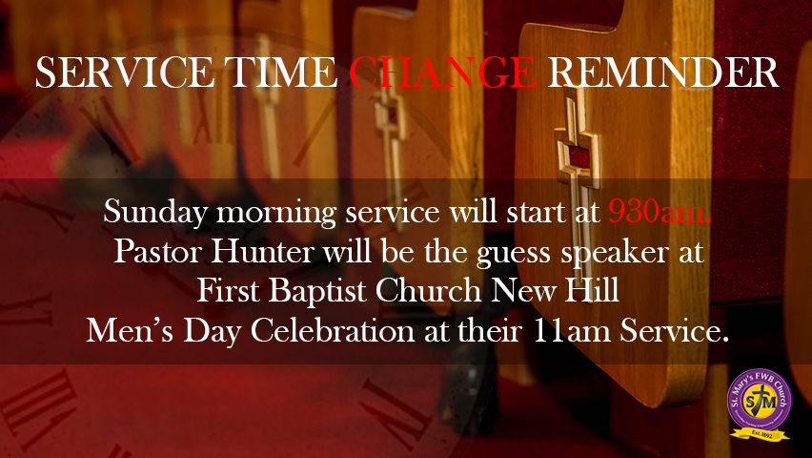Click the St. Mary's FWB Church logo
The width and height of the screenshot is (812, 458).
click(759, 402)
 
